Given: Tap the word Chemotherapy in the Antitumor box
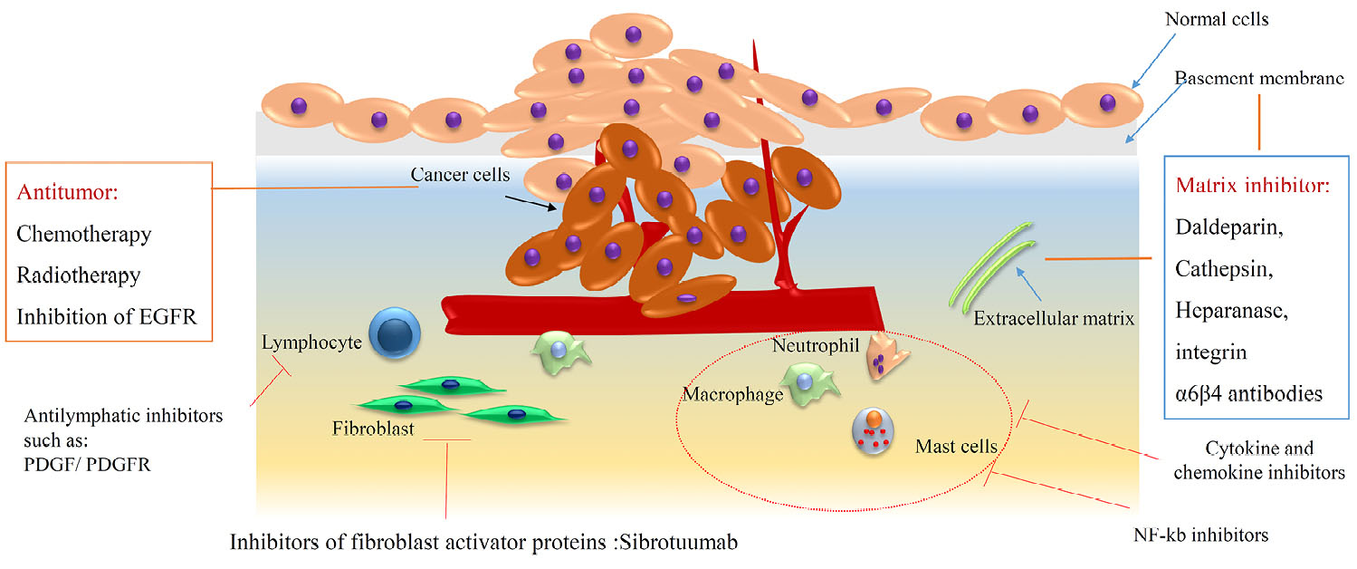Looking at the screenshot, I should (83, 234).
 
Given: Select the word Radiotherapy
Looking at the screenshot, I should (78, 275).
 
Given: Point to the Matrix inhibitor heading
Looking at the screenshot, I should (1253, 187).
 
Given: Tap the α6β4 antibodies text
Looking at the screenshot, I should (1249, 393).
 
